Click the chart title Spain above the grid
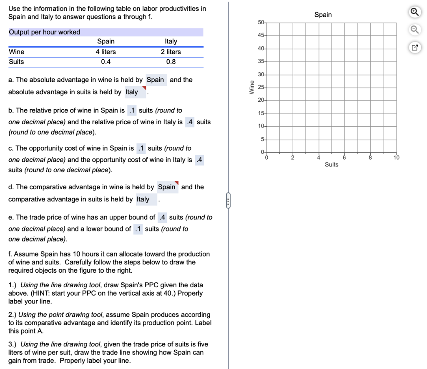click(323, 15)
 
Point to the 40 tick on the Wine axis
click(261, 49)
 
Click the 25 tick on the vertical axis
click(261, 88)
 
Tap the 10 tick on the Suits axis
click(396, 158)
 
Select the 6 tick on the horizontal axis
click(344, 158)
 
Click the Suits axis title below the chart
click(332, 165)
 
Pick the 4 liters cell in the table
click(106, 52)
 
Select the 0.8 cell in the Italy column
click(171, 62)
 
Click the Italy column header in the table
click(171, 41)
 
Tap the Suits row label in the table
click(17, 62)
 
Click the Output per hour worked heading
click(45, 32)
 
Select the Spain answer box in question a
click(156, 80)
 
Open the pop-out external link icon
click(414, 48)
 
